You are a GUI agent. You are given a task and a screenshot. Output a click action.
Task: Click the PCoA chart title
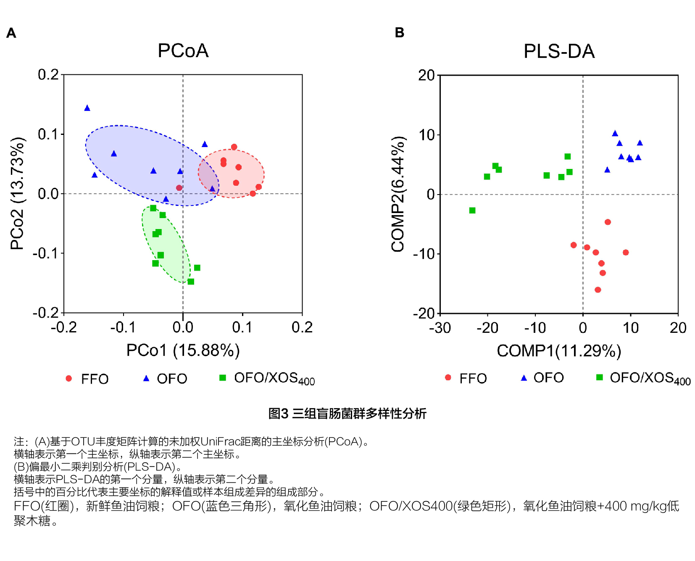(x=183, y=51)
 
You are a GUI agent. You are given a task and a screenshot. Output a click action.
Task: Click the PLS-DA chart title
(x=559, y=51)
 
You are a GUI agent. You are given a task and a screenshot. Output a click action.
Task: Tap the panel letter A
(x=11, y=33)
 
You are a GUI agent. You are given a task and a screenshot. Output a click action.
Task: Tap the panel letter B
(x=399, y=32)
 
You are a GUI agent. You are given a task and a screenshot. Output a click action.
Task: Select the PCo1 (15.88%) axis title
(x=183, y=350)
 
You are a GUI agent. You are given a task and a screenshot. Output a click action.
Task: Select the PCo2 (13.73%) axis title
(x=17, y=193)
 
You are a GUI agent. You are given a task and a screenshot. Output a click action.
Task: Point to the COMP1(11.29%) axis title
(x=559, y=350)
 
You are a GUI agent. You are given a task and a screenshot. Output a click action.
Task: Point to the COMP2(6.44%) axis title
(x=398, y=194)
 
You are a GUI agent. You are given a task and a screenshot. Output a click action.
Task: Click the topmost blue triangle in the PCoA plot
(x=87, y=108)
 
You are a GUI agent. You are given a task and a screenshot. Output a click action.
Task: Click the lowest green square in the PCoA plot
(x=191, y=282)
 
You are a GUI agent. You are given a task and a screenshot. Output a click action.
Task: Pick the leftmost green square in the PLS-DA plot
(x=472, y=210)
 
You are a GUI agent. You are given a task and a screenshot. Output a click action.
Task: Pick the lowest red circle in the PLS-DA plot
(x=598, y=290)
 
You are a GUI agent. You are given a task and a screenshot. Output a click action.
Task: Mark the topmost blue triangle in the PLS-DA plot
(x=615, y=134)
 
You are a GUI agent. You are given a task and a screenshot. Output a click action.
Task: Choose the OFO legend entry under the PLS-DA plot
(x=542, y=378)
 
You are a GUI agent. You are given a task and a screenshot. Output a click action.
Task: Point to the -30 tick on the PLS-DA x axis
(x=440, y=328)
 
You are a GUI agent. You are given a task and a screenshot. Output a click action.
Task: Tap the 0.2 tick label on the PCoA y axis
(x=48, y=75)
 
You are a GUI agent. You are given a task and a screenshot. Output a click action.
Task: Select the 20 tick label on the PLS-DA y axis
(x=426, y=75)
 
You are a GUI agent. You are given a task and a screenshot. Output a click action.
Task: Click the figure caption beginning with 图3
(x=347, y=414)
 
